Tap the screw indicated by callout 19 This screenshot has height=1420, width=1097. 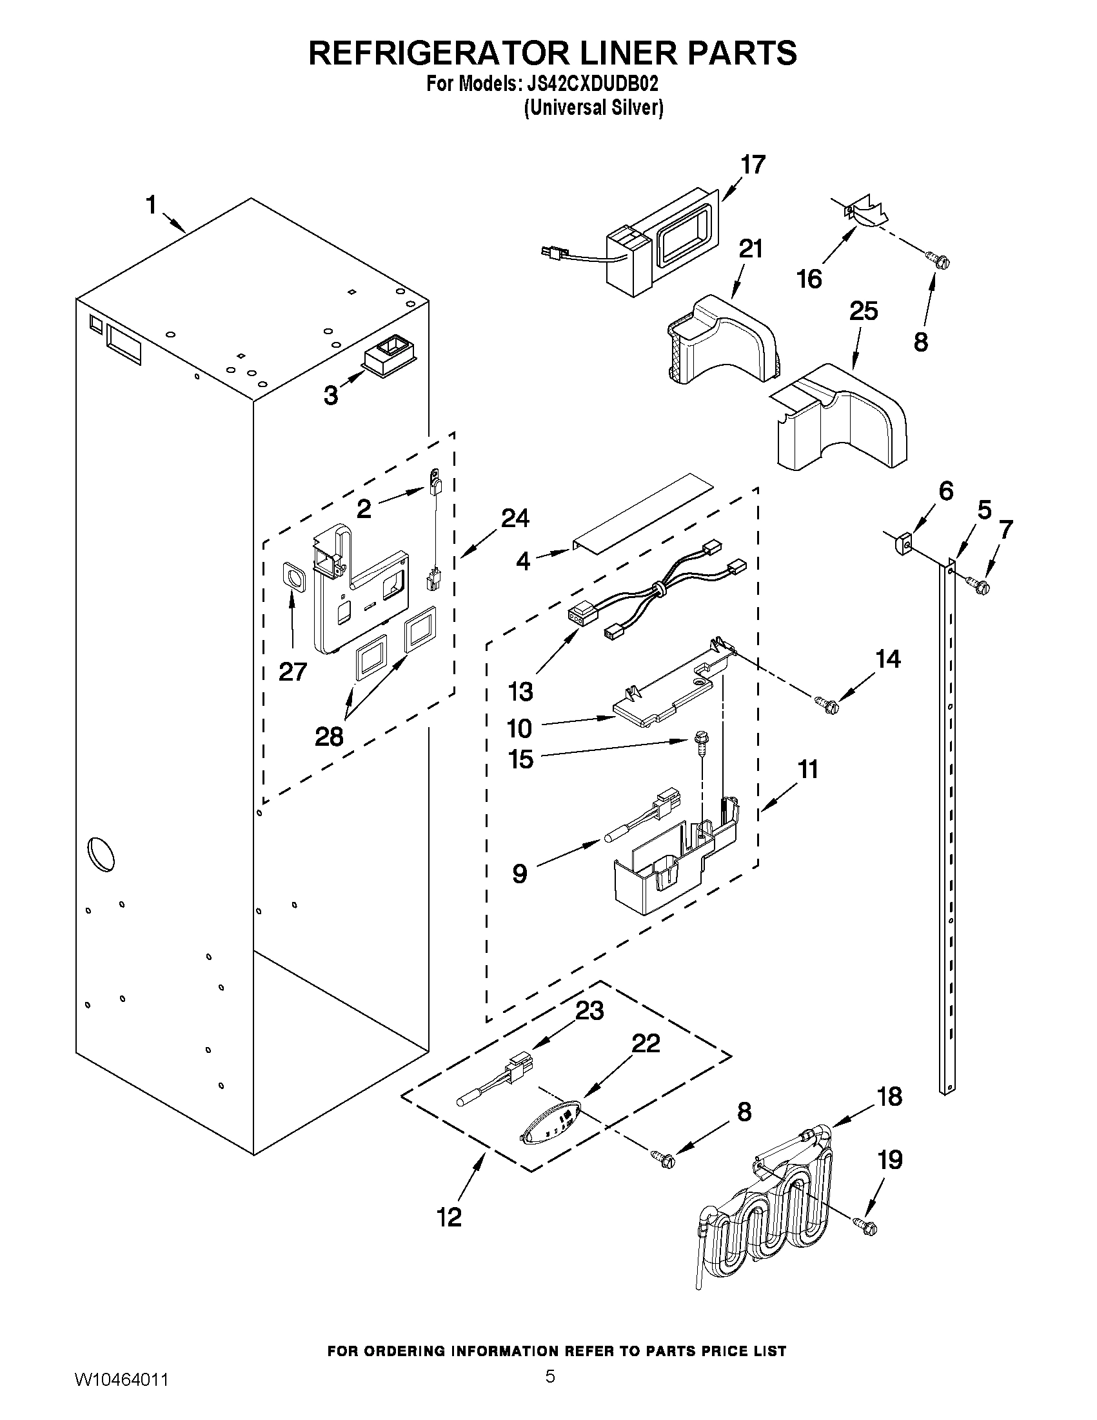867,1225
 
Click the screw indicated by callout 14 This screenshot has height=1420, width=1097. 827,701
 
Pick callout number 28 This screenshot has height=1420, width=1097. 329,737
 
